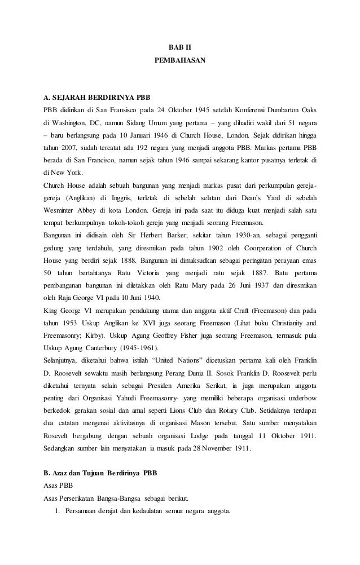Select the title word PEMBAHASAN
point(180,59)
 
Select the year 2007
point(77,149)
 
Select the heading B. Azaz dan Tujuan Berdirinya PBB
point(102,473)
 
